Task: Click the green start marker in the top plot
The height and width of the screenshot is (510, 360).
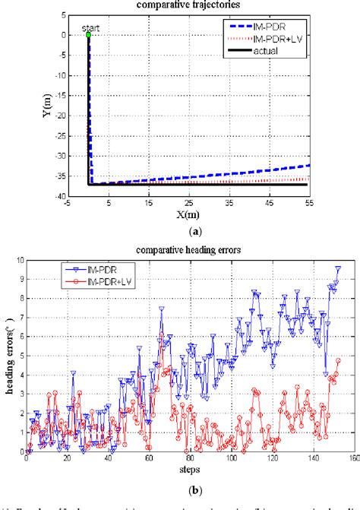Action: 88,35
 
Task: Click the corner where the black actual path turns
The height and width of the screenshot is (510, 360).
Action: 90,184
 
